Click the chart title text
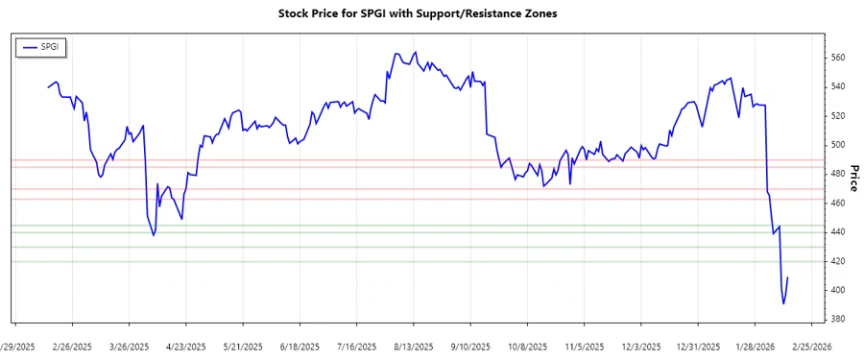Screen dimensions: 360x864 (x=431, y=14)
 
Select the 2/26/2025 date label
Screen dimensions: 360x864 (x=72, y=347)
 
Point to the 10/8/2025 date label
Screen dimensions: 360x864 (x=526, y=347)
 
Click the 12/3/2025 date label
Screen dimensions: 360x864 (x=640, y=347)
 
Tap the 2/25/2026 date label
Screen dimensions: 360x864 (x=810, y=347)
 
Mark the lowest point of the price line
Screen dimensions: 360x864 (x=783, y=304)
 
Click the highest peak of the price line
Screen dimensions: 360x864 (x=415, y=52)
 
